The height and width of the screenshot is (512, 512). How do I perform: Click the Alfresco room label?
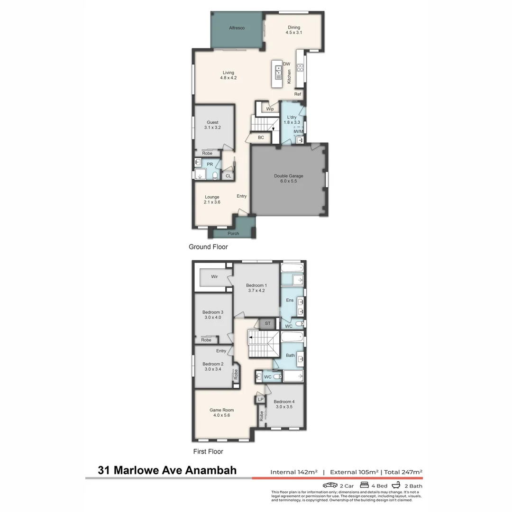coord(237,28)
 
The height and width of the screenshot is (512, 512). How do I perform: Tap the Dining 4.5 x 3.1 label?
coord(294,30)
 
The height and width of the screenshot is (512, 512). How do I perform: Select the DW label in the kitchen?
coord(286,64)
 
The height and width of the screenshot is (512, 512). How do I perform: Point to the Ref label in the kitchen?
coord(297,94)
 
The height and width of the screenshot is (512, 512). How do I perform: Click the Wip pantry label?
coord(270,109)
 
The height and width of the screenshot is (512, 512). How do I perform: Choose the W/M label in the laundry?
coord(298,132)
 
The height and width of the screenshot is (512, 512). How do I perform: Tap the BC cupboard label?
coord(261,137)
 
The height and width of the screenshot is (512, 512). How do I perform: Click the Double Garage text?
coord(288,176)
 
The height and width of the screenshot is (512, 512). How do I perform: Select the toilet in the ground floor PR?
coord(215,176)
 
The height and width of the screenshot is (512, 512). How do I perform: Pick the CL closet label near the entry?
coord(228,176)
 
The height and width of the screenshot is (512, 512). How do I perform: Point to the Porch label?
coord(233,233)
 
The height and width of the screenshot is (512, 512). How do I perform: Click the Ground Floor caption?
coord(208,247)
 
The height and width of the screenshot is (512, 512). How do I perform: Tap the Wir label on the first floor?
coord(214,276)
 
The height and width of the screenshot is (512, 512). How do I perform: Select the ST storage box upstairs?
coord(267,323)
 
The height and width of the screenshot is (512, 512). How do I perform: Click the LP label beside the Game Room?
coord(260,400)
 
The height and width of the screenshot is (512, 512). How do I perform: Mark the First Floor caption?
coord(208,452)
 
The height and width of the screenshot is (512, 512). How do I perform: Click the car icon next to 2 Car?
coord(330,485)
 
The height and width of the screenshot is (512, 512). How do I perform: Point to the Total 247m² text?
coord(403,472)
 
